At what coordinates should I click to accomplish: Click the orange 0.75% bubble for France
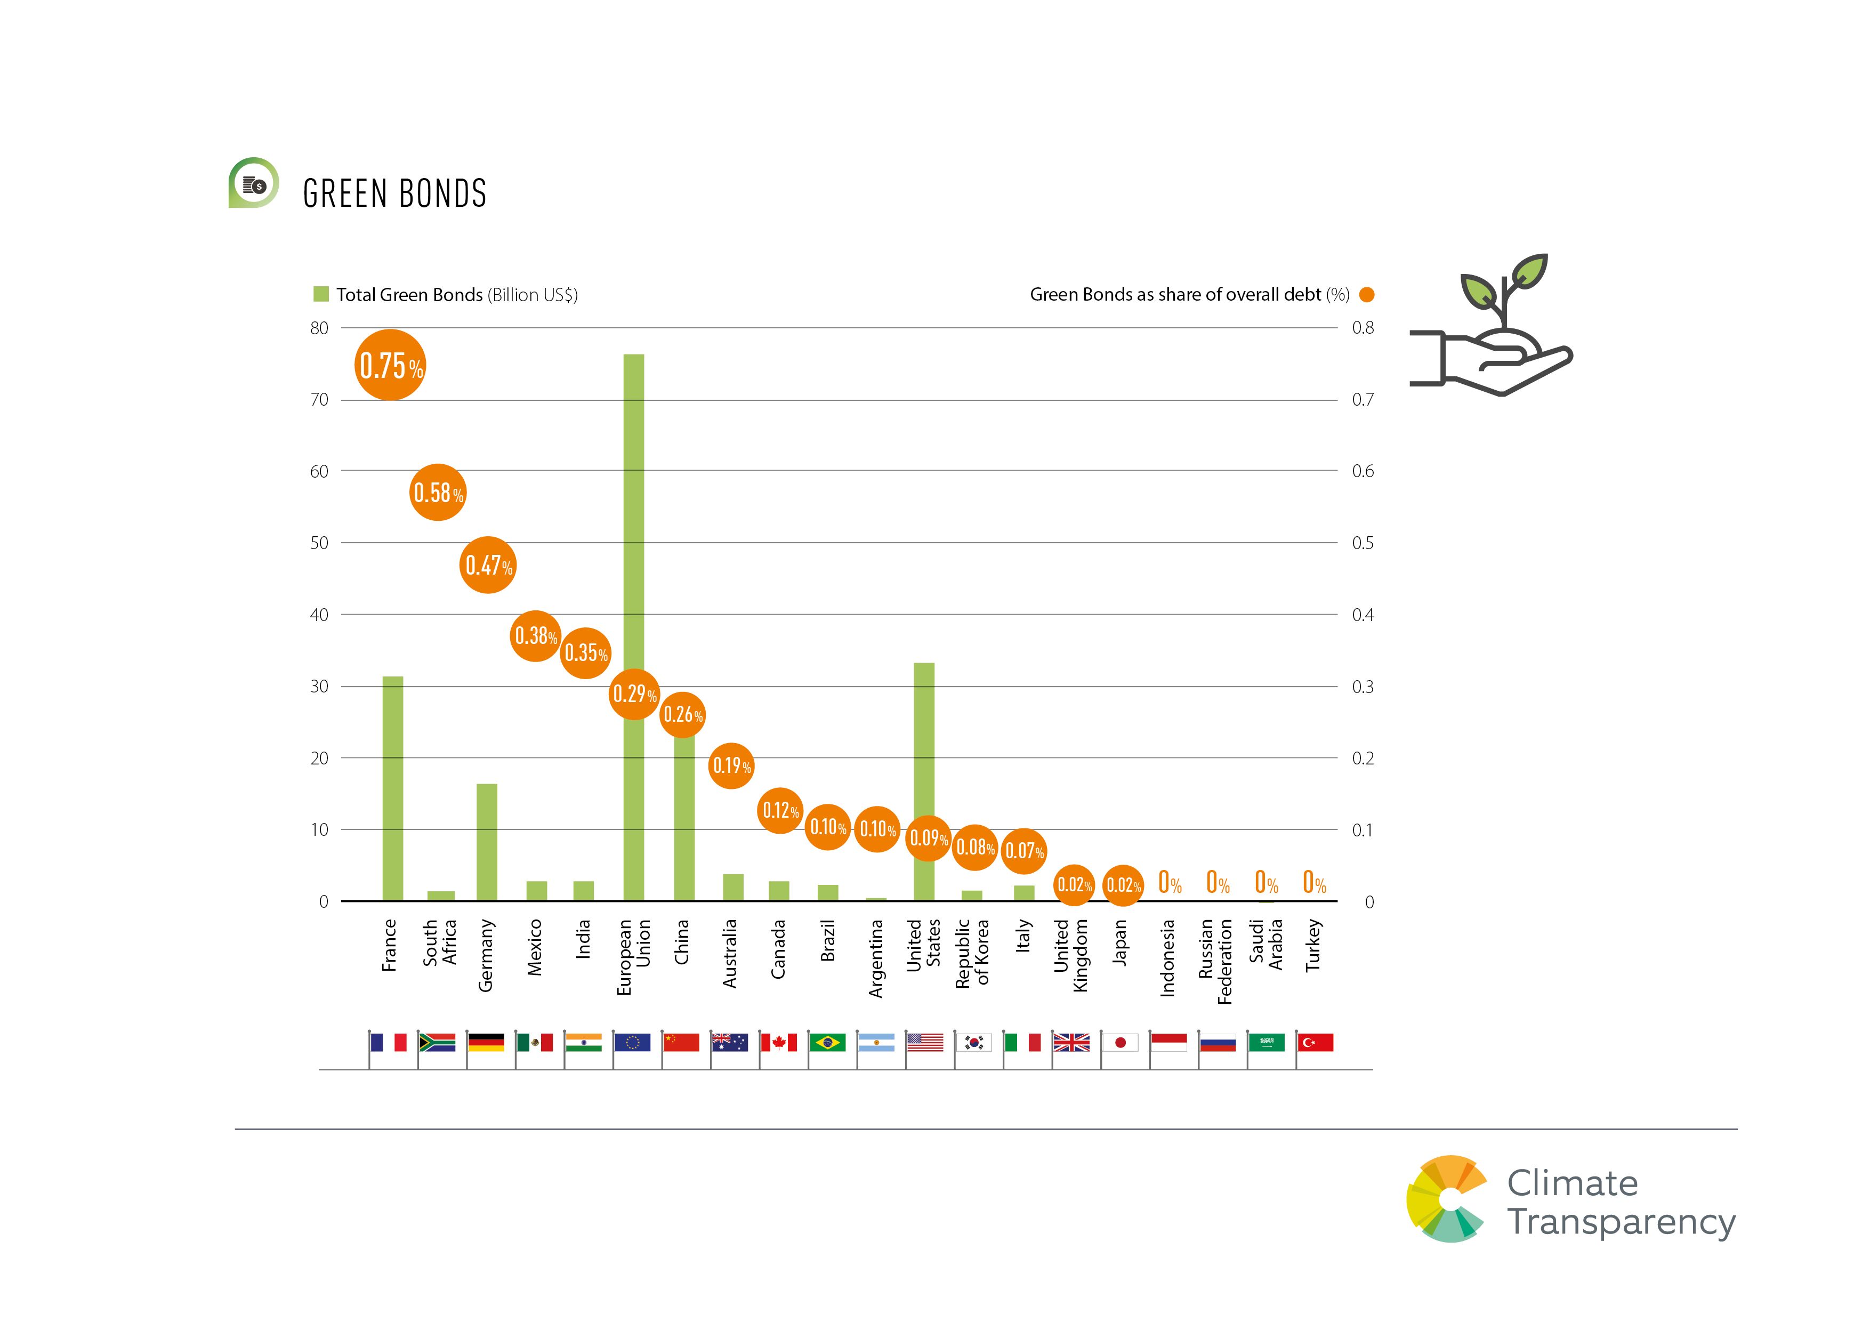[x=391, y=365]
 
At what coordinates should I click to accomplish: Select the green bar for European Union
[x=634, y=521]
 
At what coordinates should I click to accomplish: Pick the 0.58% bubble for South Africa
[x=438, y=492]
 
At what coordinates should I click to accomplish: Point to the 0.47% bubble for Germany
[x=488, y=565]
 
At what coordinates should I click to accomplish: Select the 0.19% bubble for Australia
[x=731, y=765]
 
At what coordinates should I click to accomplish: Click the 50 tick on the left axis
[x=319, y=543]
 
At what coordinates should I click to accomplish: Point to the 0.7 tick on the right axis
[x=1363, y=400]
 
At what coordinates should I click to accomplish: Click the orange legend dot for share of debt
[x=1367, y=295]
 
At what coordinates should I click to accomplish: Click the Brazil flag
[x=827, y=1043]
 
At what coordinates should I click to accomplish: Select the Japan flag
[x=1120, y=1043]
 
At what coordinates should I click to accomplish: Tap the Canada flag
[x=779, y=1043]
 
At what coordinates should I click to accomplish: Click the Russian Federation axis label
[x=1215, y=961]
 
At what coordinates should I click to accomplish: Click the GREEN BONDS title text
[x=395, y=194]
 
